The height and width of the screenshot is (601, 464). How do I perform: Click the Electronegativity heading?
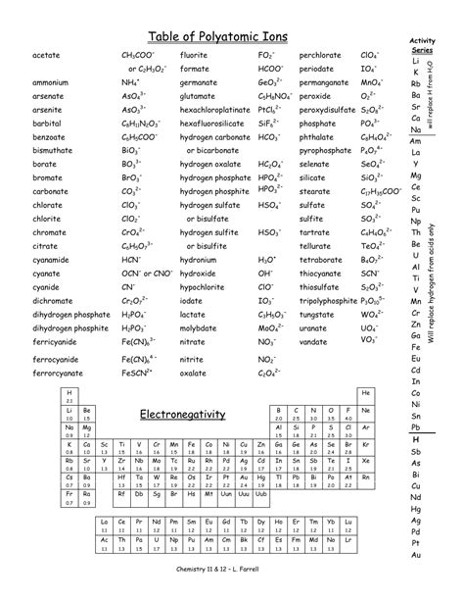click(182, 414)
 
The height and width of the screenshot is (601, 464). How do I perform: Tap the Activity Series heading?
click(422, 43)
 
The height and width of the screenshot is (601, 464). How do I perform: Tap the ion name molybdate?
click(201, 328)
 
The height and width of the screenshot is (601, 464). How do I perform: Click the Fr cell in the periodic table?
click(69, 494)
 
